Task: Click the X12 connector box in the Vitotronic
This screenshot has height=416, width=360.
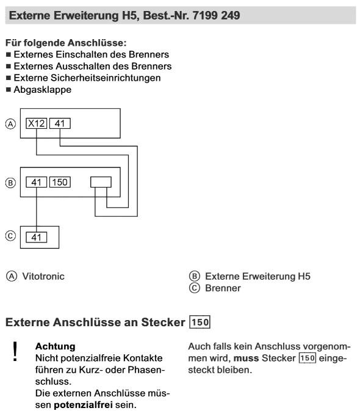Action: coord(37,123)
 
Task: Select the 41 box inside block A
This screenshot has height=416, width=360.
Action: coord(60,123)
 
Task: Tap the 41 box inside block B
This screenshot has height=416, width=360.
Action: coord(37,182)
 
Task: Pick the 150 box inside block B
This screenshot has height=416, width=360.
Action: coord(60,182)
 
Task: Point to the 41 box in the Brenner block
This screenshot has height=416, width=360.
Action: coord(37,237)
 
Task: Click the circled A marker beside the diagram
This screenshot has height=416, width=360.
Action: coord(10,124)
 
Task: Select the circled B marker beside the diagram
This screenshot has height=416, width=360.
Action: coord(10,183)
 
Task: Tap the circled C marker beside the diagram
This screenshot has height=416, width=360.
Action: coord(10,236)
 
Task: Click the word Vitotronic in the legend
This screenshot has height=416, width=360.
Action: coord(43,276)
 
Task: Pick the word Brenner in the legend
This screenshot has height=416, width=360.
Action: coord(223,288)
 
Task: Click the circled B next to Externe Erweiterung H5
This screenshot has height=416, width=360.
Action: coord(194,276)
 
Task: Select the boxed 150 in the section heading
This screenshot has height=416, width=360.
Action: coord(200,322)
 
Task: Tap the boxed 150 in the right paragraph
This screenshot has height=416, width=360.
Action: coord(308,358)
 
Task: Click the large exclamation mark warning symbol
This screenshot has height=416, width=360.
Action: coord(15,351)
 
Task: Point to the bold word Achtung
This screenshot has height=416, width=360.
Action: coord(56,346)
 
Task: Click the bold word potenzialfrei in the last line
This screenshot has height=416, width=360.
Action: coord(83,405)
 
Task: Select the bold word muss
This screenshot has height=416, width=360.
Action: coord(246,358)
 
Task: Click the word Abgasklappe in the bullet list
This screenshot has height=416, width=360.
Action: coord(43,90)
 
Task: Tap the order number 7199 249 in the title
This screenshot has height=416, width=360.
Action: coord(217,15)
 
